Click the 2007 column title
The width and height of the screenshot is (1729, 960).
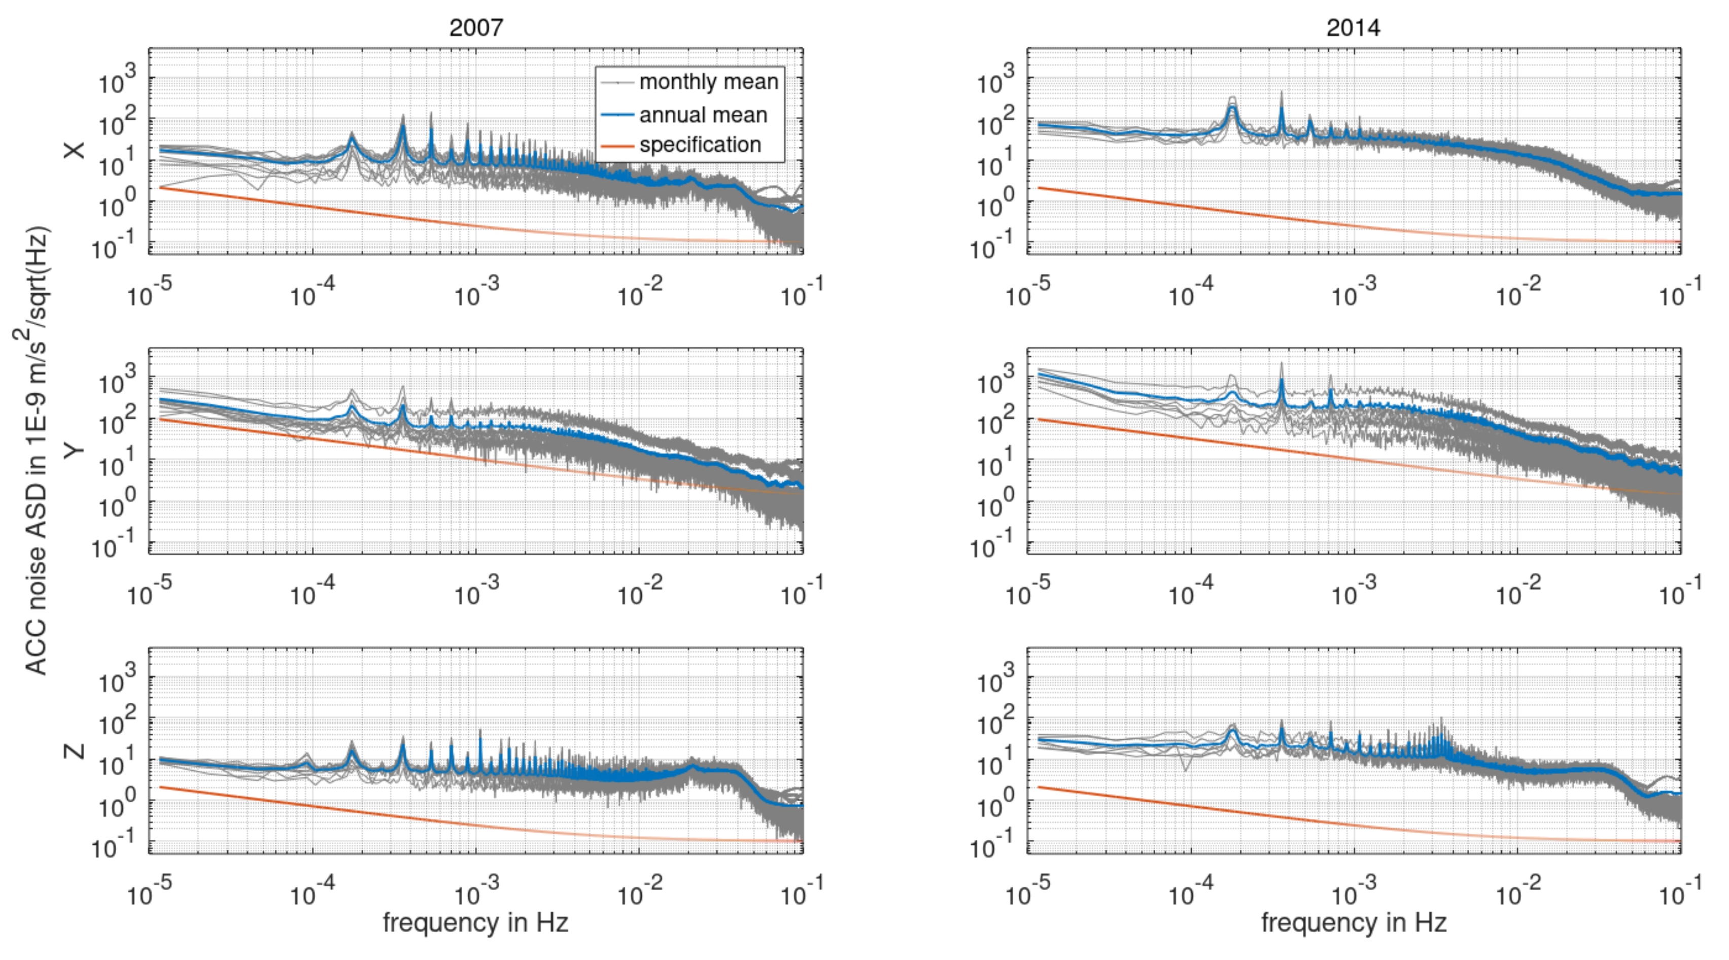[475, 27]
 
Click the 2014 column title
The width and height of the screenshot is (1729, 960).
[1353, 27]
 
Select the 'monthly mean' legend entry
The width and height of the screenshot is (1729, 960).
[708, 82]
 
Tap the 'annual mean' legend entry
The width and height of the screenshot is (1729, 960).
[703, 115]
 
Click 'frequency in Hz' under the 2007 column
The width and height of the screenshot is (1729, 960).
[475, 922]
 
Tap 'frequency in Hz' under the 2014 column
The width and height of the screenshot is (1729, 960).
[1353, 922]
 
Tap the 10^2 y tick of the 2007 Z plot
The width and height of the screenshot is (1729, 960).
[118, 721]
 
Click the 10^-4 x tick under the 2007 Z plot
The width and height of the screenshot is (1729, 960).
[312, 892]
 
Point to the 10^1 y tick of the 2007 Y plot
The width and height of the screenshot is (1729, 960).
[118, 463]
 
